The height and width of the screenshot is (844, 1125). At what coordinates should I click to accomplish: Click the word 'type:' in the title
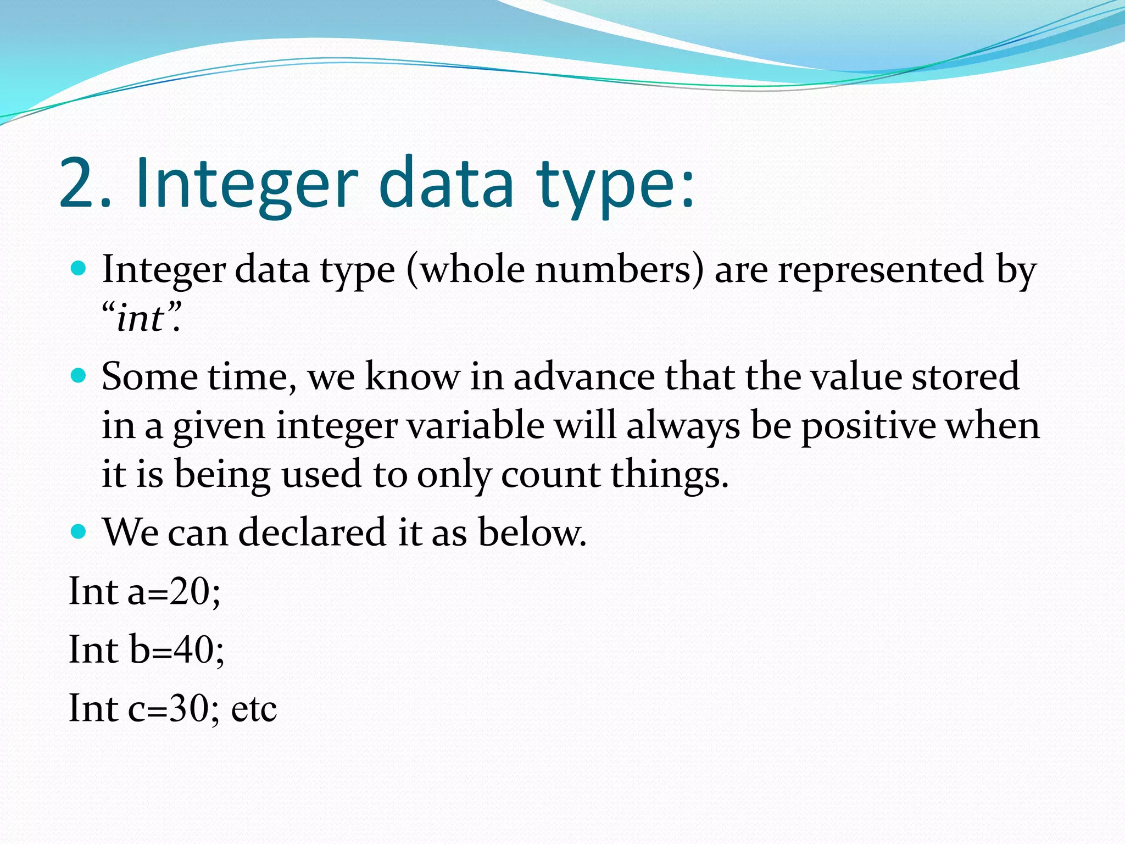click(x=615, y=187)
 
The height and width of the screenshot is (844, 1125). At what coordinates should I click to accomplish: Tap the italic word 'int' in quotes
click(x=140, y=319)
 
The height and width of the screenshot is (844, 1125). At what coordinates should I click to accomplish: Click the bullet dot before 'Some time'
click(x=79, y=375)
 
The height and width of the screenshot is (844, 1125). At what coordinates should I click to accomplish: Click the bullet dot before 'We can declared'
click(x=79, y=531)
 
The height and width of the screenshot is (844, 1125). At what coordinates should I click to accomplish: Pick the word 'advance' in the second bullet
click(x=583, y=377)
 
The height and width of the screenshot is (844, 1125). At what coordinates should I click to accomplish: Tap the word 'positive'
click(x=868, y=426)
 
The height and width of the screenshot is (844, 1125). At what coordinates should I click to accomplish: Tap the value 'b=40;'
click(x=176, y=650)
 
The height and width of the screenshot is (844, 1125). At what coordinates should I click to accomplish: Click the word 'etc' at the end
click(x=253, y=709)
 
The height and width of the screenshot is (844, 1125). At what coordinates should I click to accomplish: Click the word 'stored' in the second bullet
click(x=965, y=377)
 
